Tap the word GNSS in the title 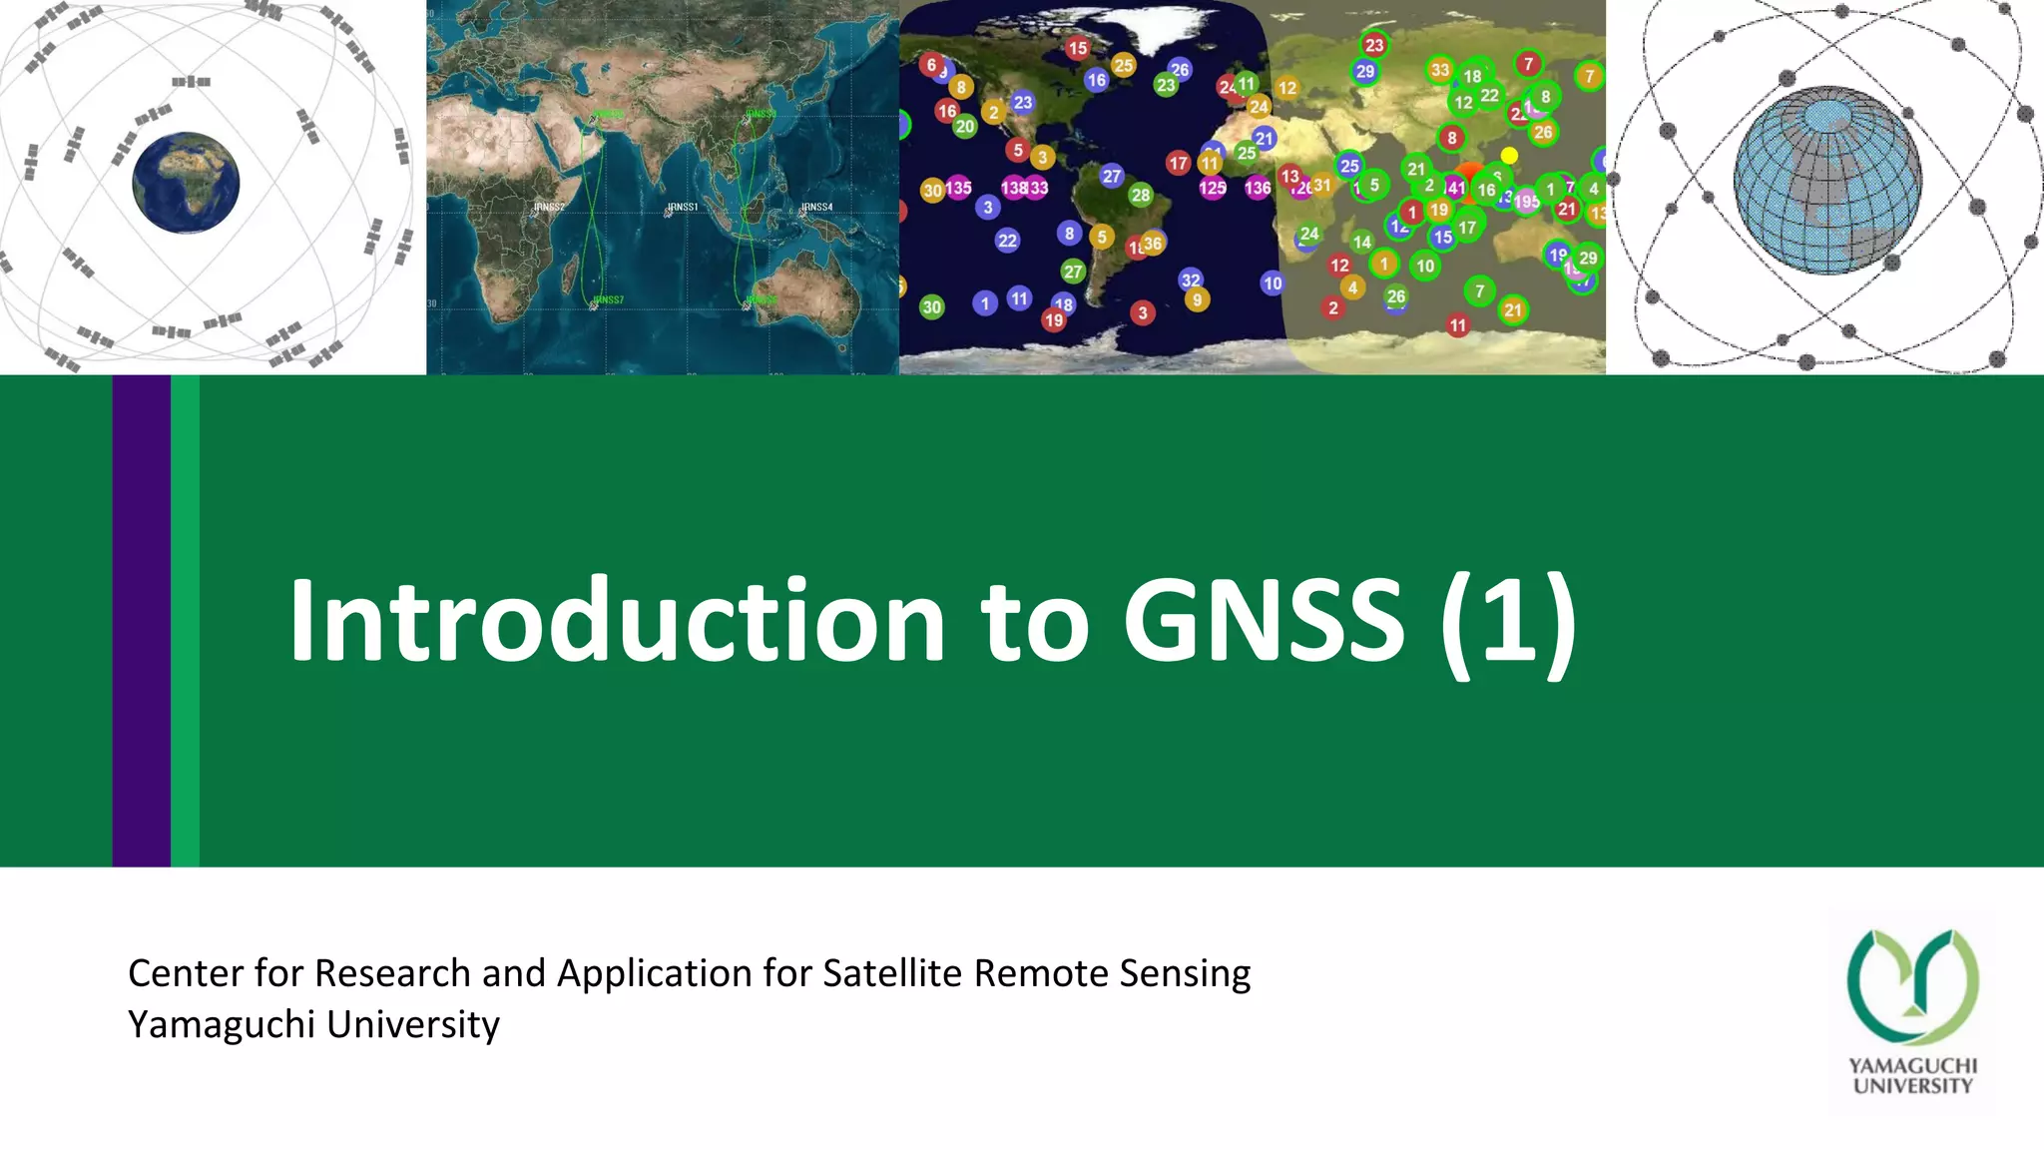[1264, 621]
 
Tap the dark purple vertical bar [141, 620]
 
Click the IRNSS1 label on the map [683, 207]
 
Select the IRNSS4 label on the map [816, 207]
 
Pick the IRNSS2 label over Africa [549, 207]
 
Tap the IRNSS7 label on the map [608, 299]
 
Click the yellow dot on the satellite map [1509, 155]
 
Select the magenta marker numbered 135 [958, 188]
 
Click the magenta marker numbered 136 [1258, 188]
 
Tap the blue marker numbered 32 [1191, 280]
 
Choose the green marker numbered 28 [1141, 195]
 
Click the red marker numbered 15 [1078, 48]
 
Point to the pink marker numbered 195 [1526, 202]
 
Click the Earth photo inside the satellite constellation [187, 183]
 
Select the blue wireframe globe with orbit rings [1826, 180]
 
